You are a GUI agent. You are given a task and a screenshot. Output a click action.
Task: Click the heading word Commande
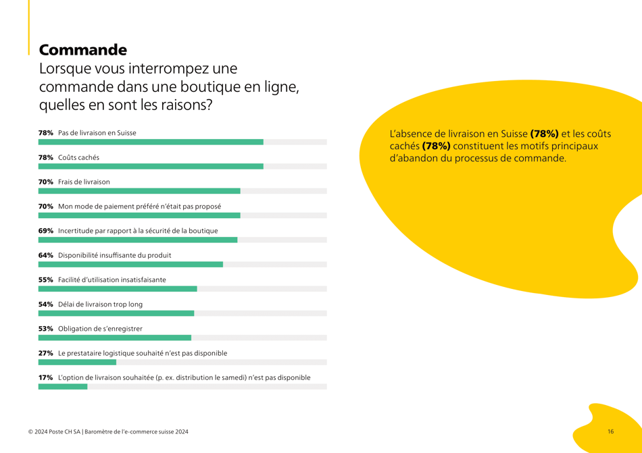(82, 50)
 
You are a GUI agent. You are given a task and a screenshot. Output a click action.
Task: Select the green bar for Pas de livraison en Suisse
(151, 142)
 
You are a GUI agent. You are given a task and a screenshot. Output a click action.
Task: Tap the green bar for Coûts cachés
(151, 166)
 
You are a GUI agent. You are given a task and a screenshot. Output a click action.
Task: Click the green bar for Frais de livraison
(139, 191)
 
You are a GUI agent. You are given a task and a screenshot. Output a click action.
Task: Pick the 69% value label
(45, 231)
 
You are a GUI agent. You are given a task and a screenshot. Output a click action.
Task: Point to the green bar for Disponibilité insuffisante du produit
(130, 265)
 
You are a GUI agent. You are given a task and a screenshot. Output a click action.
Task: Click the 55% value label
(45, 279)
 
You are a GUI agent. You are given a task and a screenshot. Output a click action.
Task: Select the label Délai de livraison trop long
(101, 304)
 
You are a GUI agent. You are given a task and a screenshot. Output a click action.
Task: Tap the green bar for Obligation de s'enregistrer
(115, 338)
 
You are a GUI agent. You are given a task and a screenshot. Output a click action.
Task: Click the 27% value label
(45, 353)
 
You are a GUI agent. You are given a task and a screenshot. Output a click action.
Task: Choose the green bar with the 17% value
(63, 387)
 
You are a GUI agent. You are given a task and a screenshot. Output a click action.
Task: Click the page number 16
(610, 431)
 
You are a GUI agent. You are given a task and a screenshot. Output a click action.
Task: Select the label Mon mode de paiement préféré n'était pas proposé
(139, 207)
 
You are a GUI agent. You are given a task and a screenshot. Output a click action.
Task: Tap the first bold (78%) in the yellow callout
(544, 134)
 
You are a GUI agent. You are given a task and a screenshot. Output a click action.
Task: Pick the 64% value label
(45, 255)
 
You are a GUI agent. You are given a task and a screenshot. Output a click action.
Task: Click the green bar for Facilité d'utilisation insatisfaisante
(118, 289)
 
